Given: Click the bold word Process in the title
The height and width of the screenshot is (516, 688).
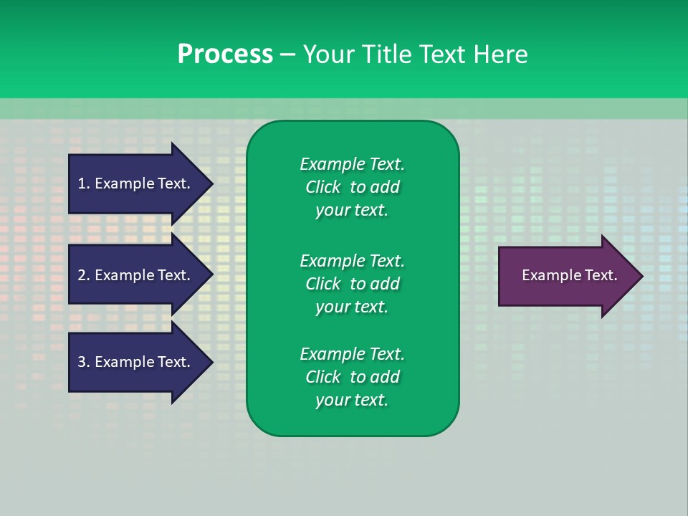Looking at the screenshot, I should tap(225, 54).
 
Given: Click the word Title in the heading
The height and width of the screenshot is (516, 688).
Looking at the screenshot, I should tap(385, 54).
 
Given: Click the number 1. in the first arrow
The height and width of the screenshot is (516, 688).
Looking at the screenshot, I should tap(84, 183).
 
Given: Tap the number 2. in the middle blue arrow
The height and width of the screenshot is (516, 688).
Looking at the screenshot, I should tap(84, 275).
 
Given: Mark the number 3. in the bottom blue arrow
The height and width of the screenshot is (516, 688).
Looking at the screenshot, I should tap(84, 362).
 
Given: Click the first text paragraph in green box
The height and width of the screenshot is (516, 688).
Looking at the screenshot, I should tap(352, 187).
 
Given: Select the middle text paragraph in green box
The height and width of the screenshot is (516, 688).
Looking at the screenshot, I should tap(352, 283).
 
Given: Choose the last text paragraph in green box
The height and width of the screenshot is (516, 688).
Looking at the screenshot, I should tap(352, 377).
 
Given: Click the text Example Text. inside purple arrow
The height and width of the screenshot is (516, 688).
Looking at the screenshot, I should tap(569, 275).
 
